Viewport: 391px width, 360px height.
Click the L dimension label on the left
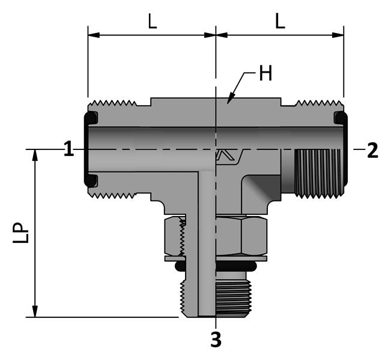point(153,22)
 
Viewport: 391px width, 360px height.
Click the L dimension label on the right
point(280,22)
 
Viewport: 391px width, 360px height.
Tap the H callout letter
point(265,74)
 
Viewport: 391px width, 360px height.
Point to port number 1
point(69,149)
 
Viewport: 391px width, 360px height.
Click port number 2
point(372,150)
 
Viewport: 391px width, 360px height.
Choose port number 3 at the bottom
point(216,340)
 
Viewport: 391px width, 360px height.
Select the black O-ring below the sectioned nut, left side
point(179,265)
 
